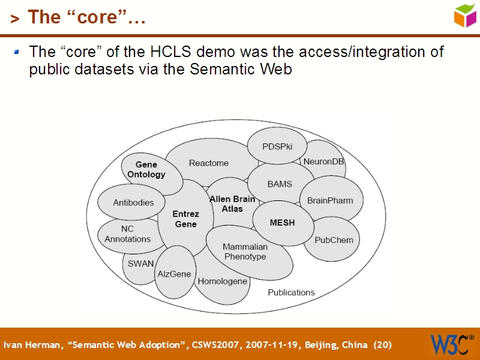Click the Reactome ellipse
pos(209,163)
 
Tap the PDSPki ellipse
pos(277,146)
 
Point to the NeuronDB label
pos(324,161)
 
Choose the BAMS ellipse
pos(280,184)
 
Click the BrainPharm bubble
pos(331,200)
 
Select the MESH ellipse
pos(282,223)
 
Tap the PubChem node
pos(334,240)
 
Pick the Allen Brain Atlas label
pos(232,203)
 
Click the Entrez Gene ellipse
pos(185,219)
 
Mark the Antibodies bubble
pos(133,203)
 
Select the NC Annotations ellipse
pos(127,234)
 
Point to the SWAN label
pos(140,263)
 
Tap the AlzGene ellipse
pos(174,274)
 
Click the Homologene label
pos(222,281)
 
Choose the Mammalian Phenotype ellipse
pos(245,251)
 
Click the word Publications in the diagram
pos(291,292)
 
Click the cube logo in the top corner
pos(465,16)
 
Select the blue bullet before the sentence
pos(17,52)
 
